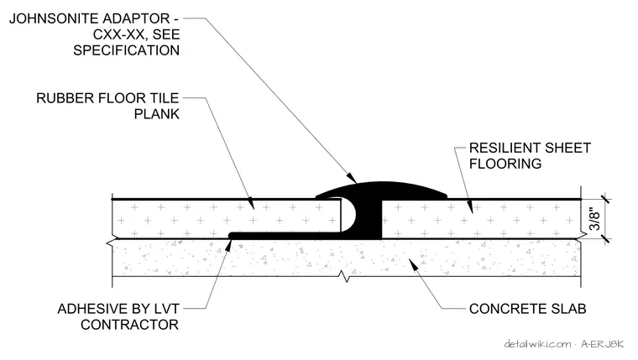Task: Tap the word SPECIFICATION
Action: (126, 50)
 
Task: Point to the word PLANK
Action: (157, 114)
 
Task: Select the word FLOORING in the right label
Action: (505, 164)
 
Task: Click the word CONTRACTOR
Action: (130, 325)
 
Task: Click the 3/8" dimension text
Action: (594, 220)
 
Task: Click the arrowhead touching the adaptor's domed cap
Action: (351, 177)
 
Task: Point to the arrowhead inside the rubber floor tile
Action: (251, 203)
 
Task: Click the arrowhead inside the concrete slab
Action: (413, 265)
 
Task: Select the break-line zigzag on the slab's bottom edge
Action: (345, 278)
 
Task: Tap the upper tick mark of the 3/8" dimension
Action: (605, 199)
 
